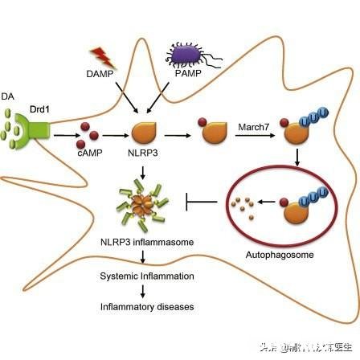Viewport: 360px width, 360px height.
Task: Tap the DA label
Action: [x=9, y=95]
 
